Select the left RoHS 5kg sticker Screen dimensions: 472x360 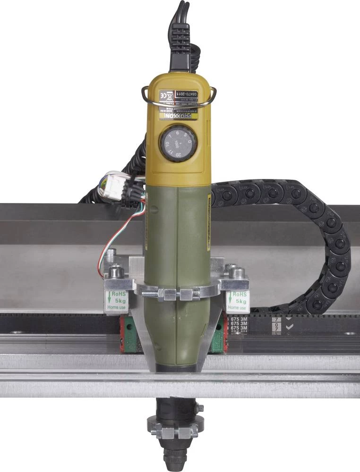(x=116, y=302)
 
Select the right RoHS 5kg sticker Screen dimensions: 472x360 (x=237, y=302)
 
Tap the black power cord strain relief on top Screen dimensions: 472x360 (x=180, y=47)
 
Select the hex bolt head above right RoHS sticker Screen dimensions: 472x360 (x=238, y=273)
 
